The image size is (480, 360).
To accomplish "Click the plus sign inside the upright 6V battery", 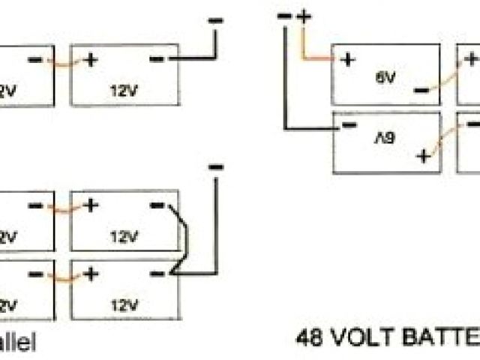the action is click(x=347, y=60).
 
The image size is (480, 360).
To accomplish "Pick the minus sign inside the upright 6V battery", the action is click(x=421, y=90).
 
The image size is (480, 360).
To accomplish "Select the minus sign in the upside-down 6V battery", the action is click(x=348, y=125).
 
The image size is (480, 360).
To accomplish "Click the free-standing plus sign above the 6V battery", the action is click(x=304, y=16).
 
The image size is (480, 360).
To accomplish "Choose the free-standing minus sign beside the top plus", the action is click(x=284, y=16).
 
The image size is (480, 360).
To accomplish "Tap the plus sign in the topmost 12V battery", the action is click(x=91, y=58).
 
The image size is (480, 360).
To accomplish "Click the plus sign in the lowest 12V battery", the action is click(x=91, y=274).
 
